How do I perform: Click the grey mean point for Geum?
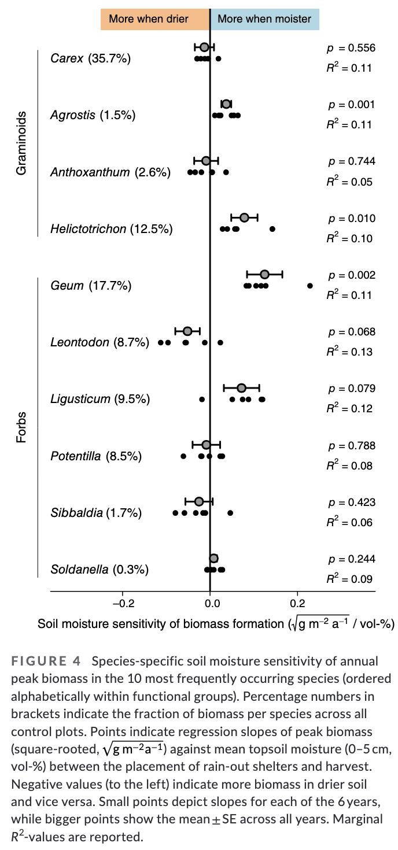pyautogui.click(x=264, y=274)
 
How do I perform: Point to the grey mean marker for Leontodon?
pyautogui.click(x=187, y=331)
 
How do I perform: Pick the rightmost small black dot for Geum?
pyautogui.click(x=310, y=286)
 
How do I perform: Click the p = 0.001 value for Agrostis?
pyautogui.click(x=352, y=105)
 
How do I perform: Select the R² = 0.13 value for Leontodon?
pyautogui.click(x=349, y=352)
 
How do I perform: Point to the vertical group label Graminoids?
pyautogui.click(x=21, y=143)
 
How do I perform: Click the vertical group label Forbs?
pyautogui.click(x=21, y=427)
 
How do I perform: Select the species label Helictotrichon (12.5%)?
pyautogui.click(x=112, y=229)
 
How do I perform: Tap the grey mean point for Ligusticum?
pyautogui.click(x=241, y=387)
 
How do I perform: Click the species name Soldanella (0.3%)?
pyautogui.click(x=99, y=570)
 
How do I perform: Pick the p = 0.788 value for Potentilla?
pyautogui.click(x=352, y=446)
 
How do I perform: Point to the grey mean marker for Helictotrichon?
pyautogui.click(x=244, y=217)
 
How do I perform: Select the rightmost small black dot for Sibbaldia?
pyautogui.click(x=230, y=513)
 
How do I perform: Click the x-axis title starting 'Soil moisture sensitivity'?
pyautogui.click(x=216, y=624)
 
